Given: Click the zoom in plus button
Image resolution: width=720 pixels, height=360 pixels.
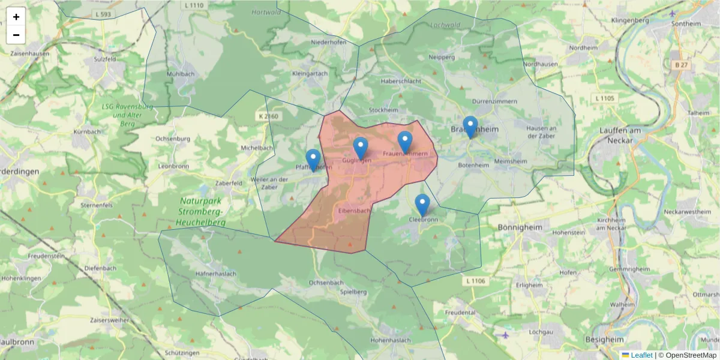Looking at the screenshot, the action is pos(16,17).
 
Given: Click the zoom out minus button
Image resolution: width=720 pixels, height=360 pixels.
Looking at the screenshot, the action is pos(16,35).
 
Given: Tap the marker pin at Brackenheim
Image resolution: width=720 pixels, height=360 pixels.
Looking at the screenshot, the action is pos(470,127).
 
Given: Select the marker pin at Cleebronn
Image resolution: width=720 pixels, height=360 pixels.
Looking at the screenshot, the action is pos(422,205).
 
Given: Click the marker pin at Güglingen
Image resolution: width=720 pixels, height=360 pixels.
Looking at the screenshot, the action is pos(360,148).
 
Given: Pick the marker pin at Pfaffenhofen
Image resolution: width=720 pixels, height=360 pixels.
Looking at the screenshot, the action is pos(313,160).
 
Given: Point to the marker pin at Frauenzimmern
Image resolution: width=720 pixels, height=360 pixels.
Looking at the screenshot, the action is pos(405,142).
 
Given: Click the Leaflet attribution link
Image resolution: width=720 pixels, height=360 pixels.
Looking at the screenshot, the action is pos(641,355).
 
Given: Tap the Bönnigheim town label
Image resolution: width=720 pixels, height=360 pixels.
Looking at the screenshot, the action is pos(520,228).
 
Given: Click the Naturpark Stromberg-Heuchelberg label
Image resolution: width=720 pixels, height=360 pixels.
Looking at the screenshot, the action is pos(201,212).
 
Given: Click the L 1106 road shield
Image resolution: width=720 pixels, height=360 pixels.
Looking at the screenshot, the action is pos(475,281).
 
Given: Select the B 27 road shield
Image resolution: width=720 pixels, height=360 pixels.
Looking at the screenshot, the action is pos(680,64).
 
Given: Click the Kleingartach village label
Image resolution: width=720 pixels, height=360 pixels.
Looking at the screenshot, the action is pos(310,73).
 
